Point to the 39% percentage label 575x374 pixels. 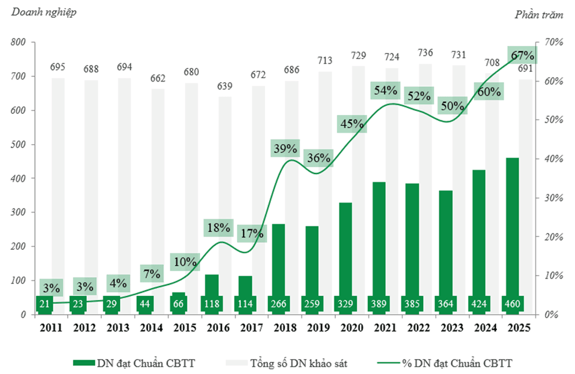[x=286, y=148]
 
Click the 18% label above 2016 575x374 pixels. [x=218, y=228]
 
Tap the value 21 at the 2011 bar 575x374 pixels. [x=44, y=303]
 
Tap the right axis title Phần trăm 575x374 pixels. [x=539, y=15]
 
